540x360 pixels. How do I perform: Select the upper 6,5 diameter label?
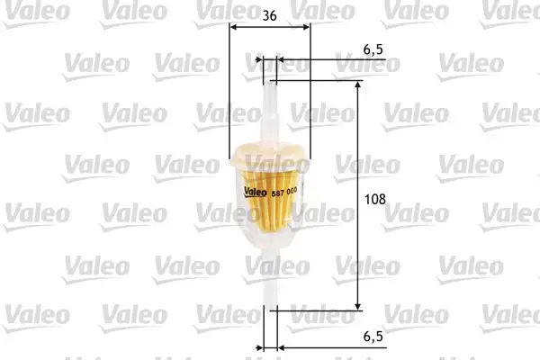[373, 46]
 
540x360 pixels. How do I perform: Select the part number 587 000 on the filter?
[285, 190]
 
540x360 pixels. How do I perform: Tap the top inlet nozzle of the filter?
[270, 103]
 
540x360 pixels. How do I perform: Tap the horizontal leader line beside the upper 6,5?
[333, 60]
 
